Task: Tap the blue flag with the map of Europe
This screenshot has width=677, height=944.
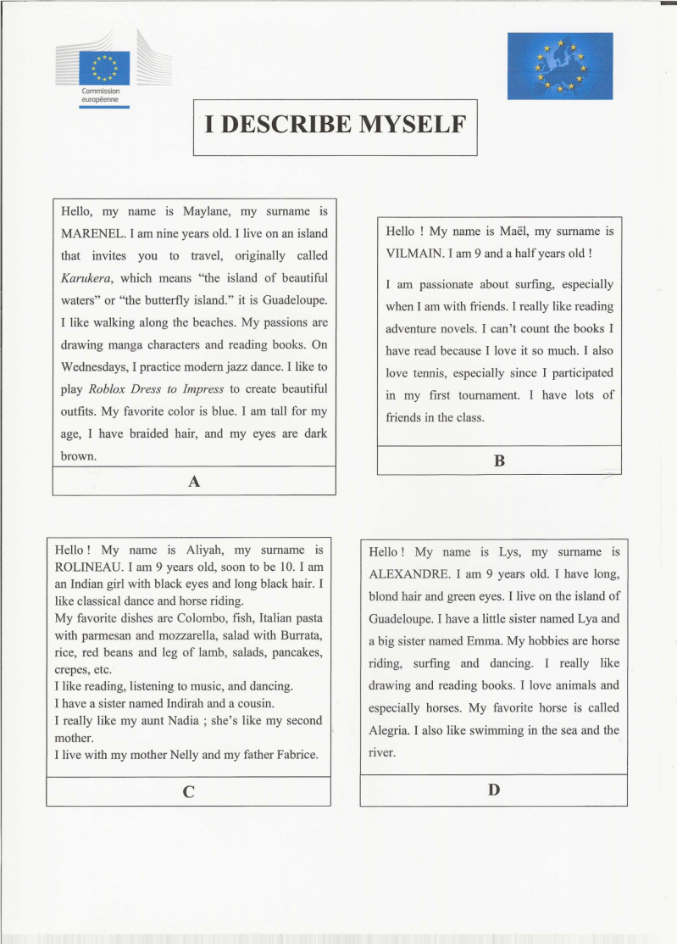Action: pos(559,65)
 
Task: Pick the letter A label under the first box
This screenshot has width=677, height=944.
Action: pos(194,481)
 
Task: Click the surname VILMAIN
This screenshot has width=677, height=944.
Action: pos(417,253)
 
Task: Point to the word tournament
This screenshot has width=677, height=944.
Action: pos(484,394)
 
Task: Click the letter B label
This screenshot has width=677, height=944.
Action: pos(499,461)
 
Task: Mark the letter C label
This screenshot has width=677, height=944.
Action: pos(188,792)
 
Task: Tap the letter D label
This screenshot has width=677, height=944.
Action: pos(494,790)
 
